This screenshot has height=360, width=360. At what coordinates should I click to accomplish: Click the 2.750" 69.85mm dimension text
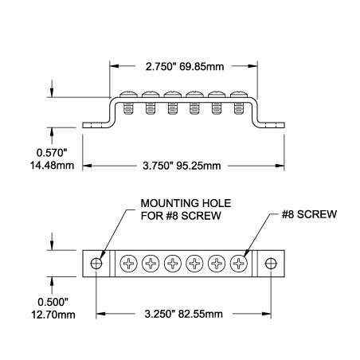click(182, 67)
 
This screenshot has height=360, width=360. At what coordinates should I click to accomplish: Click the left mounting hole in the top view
click(96, 264)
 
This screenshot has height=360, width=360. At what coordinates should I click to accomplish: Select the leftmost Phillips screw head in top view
click(128, 264)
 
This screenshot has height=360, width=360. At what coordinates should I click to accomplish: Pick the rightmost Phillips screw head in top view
click(238, 264)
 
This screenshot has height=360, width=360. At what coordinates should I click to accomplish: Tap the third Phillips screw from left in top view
click(172, 264)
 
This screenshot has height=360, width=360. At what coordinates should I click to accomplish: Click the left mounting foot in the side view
click(96, 125)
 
